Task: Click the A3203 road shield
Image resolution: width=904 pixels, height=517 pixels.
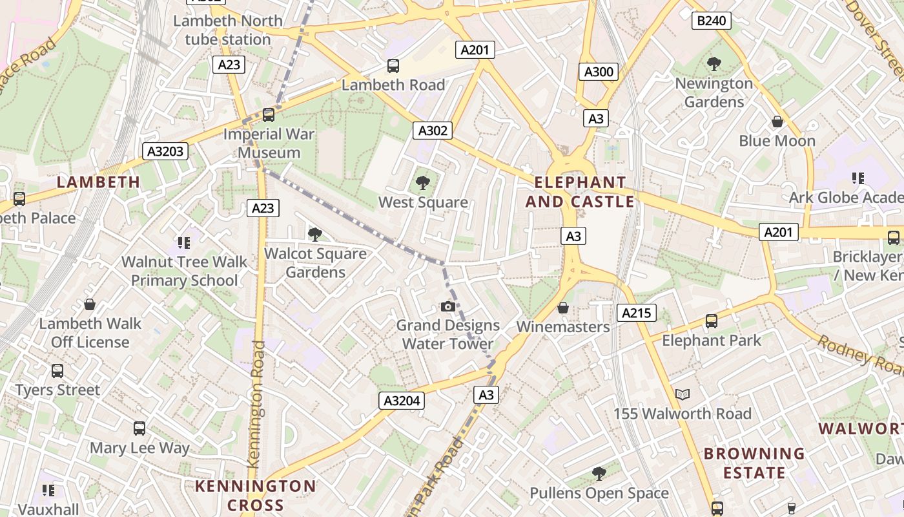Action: click(x=165, y=151)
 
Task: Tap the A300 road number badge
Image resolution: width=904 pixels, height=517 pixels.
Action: click(x=598, y=72)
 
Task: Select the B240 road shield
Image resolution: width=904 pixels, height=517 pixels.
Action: click(x=712, y=21)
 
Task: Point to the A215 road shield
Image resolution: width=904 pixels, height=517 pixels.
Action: click(x=637, y=313)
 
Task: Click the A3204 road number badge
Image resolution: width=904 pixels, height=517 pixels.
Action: click(x=402, y=401)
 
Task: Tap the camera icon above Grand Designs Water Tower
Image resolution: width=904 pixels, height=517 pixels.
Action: click(x=448, y=306)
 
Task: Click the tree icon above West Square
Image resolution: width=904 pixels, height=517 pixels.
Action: click(x=423, y=183)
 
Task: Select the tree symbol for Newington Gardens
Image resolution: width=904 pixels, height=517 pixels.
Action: click(x=714, y=64)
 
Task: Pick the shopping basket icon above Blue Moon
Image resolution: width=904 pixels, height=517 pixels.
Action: click(x=777, y=121)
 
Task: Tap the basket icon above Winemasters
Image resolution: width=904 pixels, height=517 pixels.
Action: click(x=563, y=308)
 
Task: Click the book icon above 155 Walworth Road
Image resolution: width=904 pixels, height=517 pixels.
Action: click(x=683, y=394)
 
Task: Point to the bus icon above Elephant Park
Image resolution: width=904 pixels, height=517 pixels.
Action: click(x=712, y=321)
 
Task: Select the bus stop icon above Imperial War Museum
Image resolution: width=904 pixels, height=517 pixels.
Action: click(x=268, y=115)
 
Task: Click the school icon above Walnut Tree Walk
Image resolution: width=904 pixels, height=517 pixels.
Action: click(x=184, y=243)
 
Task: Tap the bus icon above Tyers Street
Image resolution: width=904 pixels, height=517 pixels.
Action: click(x=57, y=371)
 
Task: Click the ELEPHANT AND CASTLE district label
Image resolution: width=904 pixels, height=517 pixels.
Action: click(x=579, y=192)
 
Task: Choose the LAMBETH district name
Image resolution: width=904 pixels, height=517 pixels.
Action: click(x=98, y=182)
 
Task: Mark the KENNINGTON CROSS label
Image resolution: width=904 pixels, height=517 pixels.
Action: click(x=256, y=495)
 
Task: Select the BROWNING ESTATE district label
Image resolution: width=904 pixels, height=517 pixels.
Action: click(x=754, y=463)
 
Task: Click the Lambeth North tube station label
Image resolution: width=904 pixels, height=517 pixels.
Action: click(x=228, y=30)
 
